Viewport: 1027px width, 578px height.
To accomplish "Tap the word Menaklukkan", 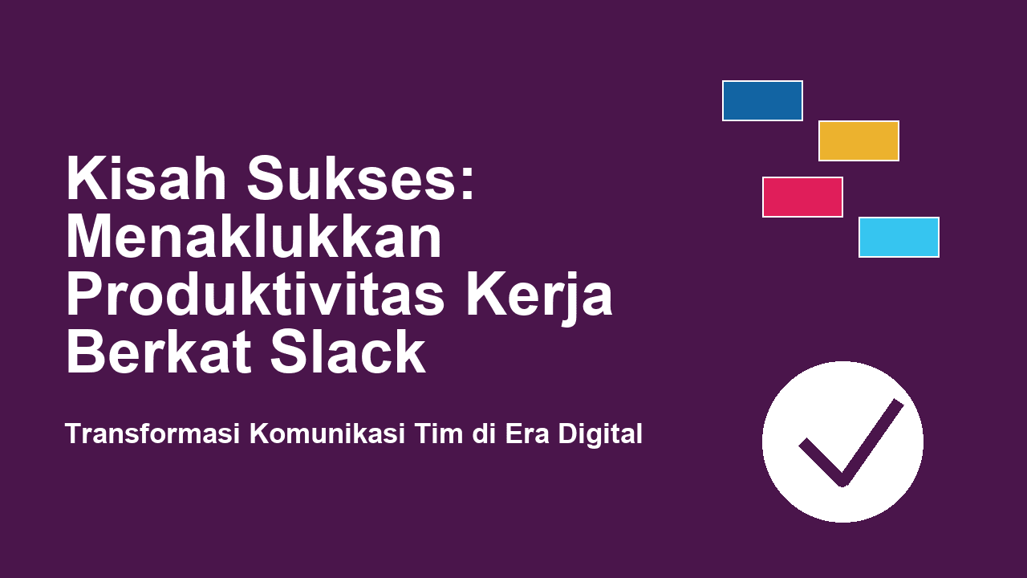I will coord(254,238).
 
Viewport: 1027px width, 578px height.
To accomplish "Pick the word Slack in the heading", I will coord(347,352).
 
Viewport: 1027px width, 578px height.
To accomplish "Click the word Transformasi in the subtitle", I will coord(152,433).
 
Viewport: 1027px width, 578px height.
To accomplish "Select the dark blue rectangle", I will coord(762,100).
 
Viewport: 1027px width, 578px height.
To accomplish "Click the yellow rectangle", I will coord(859,140).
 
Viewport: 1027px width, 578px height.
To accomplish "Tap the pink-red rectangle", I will coord(802,197).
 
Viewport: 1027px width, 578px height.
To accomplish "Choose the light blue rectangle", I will coord(899,237).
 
